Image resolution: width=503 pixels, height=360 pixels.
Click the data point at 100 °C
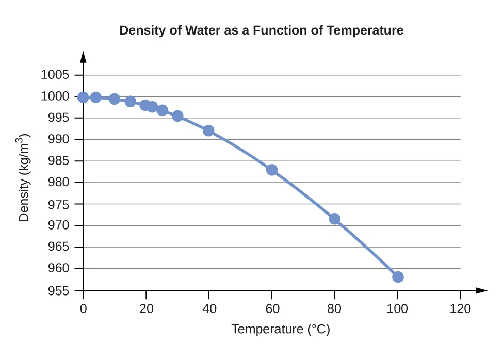click(x=398, y=277)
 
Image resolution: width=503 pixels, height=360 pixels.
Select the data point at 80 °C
click(x=335, y=219)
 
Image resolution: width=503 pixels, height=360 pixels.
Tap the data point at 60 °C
click(x=272, y=170)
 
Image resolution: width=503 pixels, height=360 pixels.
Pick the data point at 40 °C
click(x=208, y=130)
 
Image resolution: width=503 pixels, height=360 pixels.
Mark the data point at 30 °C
click(x=177, y=116)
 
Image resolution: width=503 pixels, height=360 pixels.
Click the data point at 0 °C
click(x=83, y=97)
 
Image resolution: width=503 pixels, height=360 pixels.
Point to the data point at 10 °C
click(x=115, y=99)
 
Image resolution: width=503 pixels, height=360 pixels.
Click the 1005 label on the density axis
click(x=55, y=75)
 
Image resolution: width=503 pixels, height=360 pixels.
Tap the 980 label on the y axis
click(x=58, y=183)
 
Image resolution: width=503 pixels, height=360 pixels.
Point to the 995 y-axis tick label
click(x=58, y=118)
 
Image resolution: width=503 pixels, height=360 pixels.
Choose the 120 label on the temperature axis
click(x=460, y=309)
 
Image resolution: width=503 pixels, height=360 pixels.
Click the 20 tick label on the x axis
click(x=146, y=309)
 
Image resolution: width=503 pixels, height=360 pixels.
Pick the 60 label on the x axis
click(x=272, y=309)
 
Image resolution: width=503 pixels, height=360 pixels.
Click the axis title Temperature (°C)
click(x=281, y=329)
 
